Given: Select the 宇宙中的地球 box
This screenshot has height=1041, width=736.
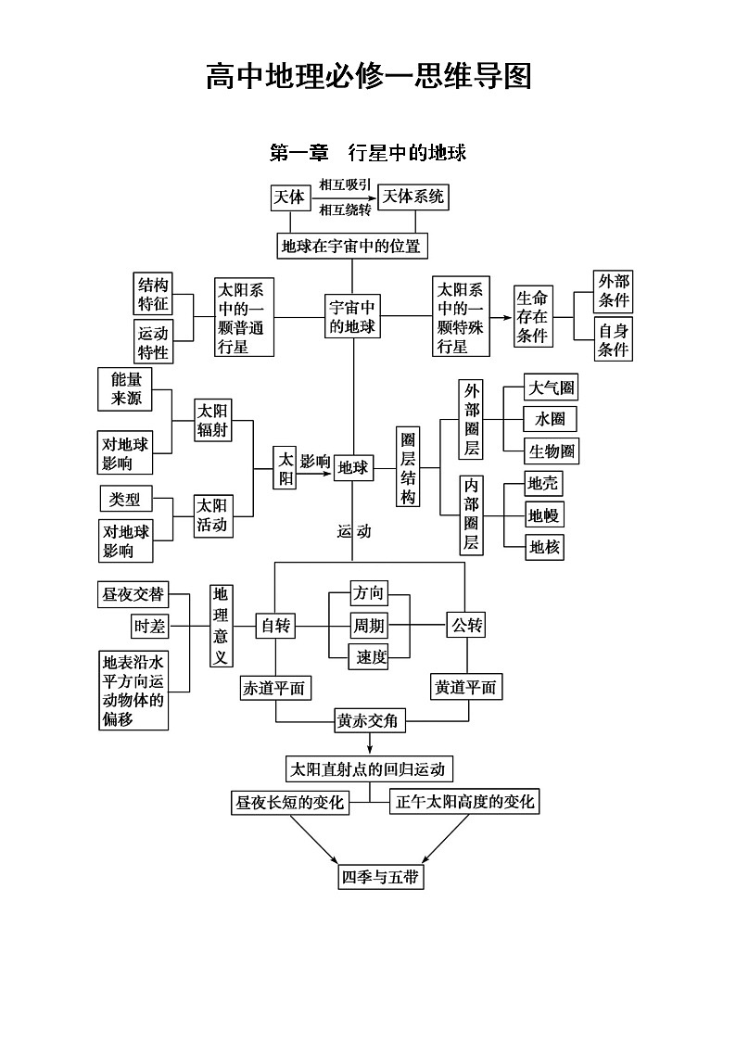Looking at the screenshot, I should (x=352, y=317).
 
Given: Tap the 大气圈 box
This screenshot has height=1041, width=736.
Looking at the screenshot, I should (x=551, y=387).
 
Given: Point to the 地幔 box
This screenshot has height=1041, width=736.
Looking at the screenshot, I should (x=543, y=515).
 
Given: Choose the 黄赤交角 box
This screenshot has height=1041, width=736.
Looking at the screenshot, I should (x=370, y=720).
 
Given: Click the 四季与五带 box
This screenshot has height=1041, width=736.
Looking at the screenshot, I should (x=381, y=877).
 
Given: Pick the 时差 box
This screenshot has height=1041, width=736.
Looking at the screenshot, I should (x=148, y=627).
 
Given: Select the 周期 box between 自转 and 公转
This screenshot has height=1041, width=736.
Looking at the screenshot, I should (x=368, y=626).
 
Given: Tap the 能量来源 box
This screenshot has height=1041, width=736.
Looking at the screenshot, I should (x=125, y=389).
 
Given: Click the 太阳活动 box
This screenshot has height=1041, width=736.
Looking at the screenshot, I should (x=211, y=516).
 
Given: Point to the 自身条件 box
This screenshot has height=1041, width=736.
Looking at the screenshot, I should (x=613, y=339).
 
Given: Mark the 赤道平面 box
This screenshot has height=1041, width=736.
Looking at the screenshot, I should (x=274, y=688).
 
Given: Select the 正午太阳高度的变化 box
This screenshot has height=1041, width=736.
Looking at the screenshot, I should (x=464, y=802).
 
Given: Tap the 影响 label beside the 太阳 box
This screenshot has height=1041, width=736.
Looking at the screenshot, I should (x=315, y=462).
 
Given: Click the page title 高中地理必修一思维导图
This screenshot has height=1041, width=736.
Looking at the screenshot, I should (x=368, y=77).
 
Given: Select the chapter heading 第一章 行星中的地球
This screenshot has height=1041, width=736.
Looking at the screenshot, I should (x=367, y=153).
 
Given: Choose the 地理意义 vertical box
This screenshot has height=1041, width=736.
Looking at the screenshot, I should (x=221, y=626).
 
